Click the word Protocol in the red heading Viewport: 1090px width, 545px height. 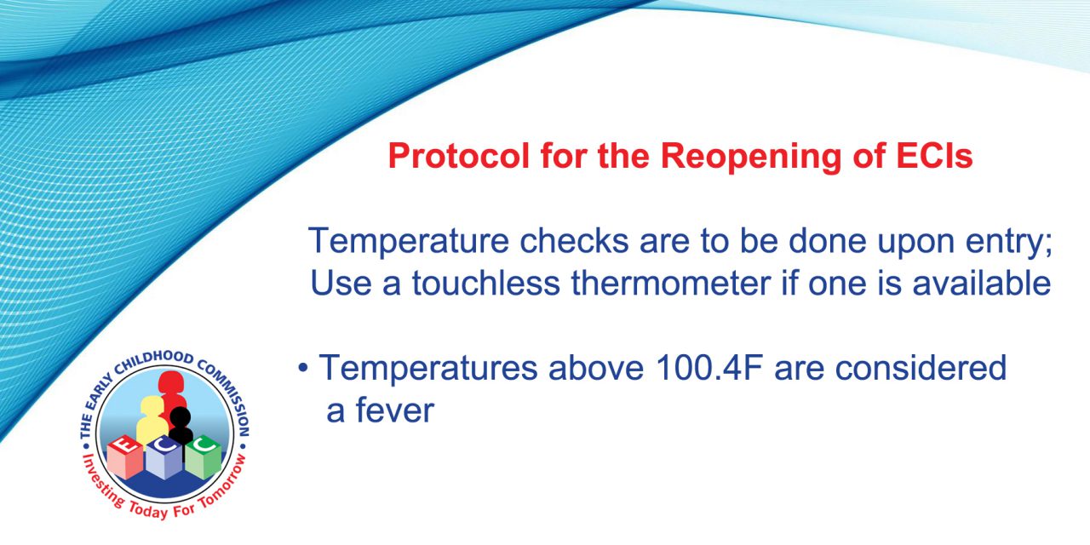[x=458, y=156]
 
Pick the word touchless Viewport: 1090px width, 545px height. [x=486, y=283]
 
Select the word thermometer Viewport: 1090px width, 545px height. [x=671, y=283]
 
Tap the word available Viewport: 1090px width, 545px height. [x=982, y=283]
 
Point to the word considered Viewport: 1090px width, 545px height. [x=921, y=368]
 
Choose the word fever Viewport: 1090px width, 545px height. [x=394, y=410]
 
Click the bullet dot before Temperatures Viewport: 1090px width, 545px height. [x=303, y=369]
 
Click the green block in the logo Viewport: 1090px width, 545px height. [x=204, y=456]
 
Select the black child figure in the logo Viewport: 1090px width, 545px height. [x=181, y=427]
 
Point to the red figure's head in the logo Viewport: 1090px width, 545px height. [x=170, y=383]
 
